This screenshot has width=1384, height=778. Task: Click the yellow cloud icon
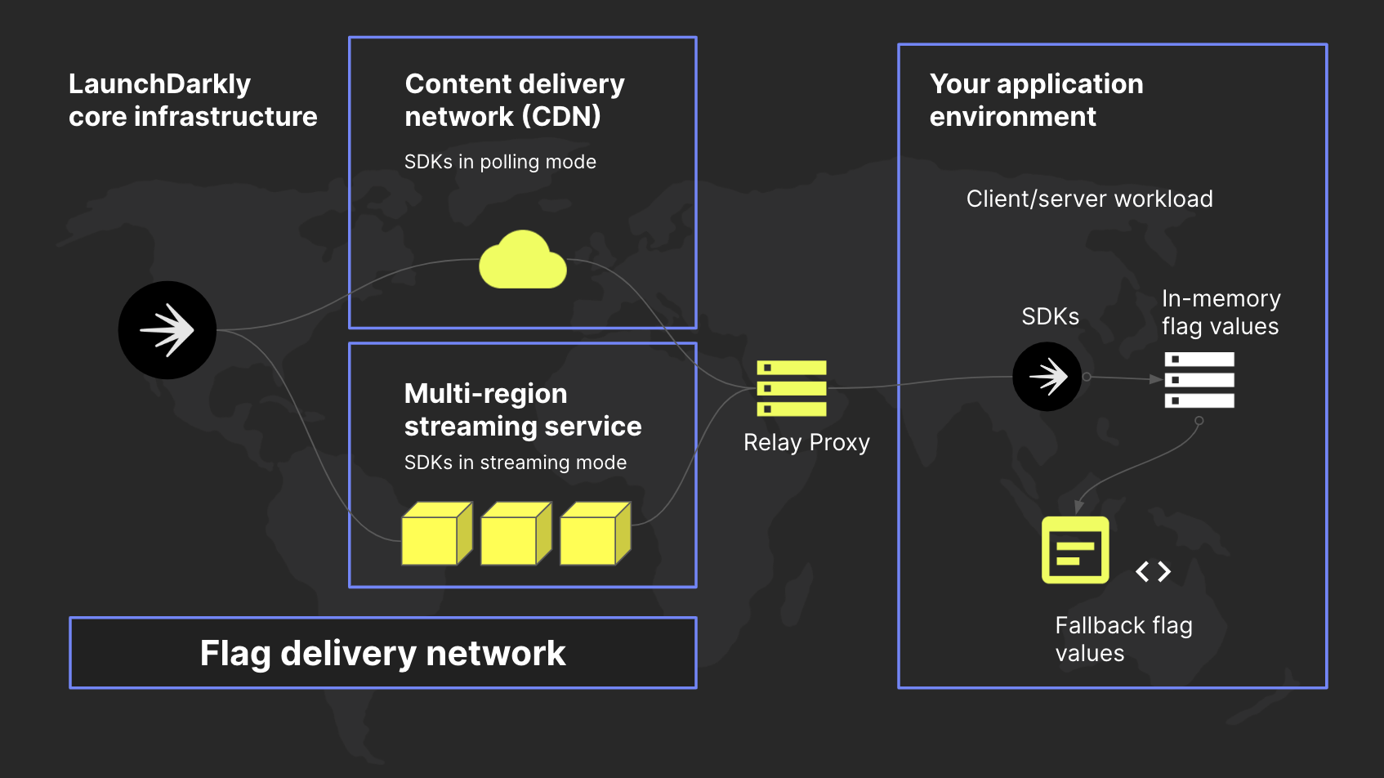tap(523, 262)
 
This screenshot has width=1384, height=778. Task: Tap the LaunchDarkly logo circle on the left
tap(167, 330)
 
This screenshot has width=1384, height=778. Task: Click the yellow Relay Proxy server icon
tap(791, 388)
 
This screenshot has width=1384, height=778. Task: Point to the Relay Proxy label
tap(806, 442)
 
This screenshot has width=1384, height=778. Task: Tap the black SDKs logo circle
tap(1047, 377)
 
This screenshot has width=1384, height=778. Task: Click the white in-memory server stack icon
tap(1199, 380)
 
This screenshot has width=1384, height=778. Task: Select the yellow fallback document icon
tap(1075, 550)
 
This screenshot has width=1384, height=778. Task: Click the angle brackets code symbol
tap(1153, 571)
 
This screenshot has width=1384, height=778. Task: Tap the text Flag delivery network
tap(382, 653)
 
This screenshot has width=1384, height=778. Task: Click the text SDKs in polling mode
tap(500, 162)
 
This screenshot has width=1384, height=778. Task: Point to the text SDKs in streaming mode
tap(515, 463)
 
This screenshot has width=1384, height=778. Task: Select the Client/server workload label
tap(1089, 199)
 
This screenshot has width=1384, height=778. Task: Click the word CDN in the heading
tap(565, 116)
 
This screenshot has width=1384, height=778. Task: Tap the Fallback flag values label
tap(1123, 639)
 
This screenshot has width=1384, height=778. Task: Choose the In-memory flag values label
tap(1221, 312)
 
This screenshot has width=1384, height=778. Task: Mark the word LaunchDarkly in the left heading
tap(159, 84)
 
